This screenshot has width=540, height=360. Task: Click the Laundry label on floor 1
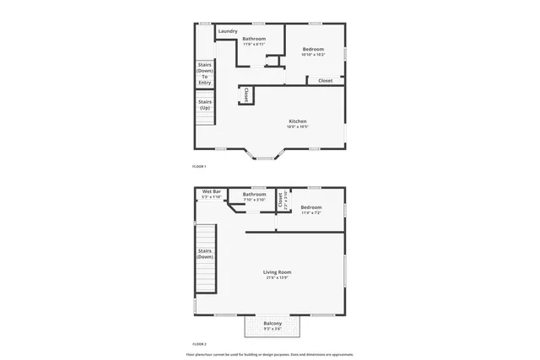(x=228, y=32)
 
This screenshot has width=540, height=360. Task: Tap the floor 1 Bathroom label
(x=254, y=39)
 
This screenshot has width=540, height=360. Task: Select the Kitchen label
(x=297, y=121)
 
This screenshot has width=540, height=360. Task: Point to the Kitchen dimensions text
(x=297, y=127)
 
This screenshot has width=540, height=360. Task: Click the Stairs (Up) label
(x=205, y=105)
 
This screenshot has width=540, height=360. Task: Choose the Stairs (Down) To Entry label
(x=205, y=73)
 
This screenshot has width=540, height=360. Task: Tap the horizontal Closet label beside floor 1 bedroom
(x=325, y=81)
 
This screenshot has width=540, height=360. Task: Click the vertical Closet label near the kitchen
(x=246, y=95)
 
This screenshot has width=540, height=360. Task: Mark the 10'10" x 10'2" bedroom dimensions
(x=313, y=55)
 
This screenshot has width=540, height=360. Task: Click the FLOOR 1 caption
(x=199, y=166)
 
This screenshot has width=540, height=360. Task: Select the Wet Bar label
(x=212, y=192)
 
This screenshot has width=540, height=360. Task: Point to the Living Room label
(x=277, y=272)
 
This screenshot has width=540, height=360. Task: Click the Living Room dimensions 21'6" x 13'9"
(x=277, y=278)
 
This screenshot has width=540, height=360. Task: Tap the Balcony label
(x=273, y=324)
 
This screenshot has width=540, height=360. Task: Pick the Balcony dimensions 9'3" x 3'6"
(x=273, y=330)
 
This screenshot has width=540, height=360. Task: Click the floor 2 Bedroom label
(x=311, y=207)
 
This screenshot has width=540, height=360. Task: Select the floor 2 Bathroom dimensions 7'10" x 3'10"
(x=254, y=200)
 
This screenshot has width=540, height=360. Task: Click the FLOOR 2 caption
(x=199, y=344)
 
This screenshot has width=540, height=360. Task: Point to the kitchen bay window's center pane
(x=264, y=158)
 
